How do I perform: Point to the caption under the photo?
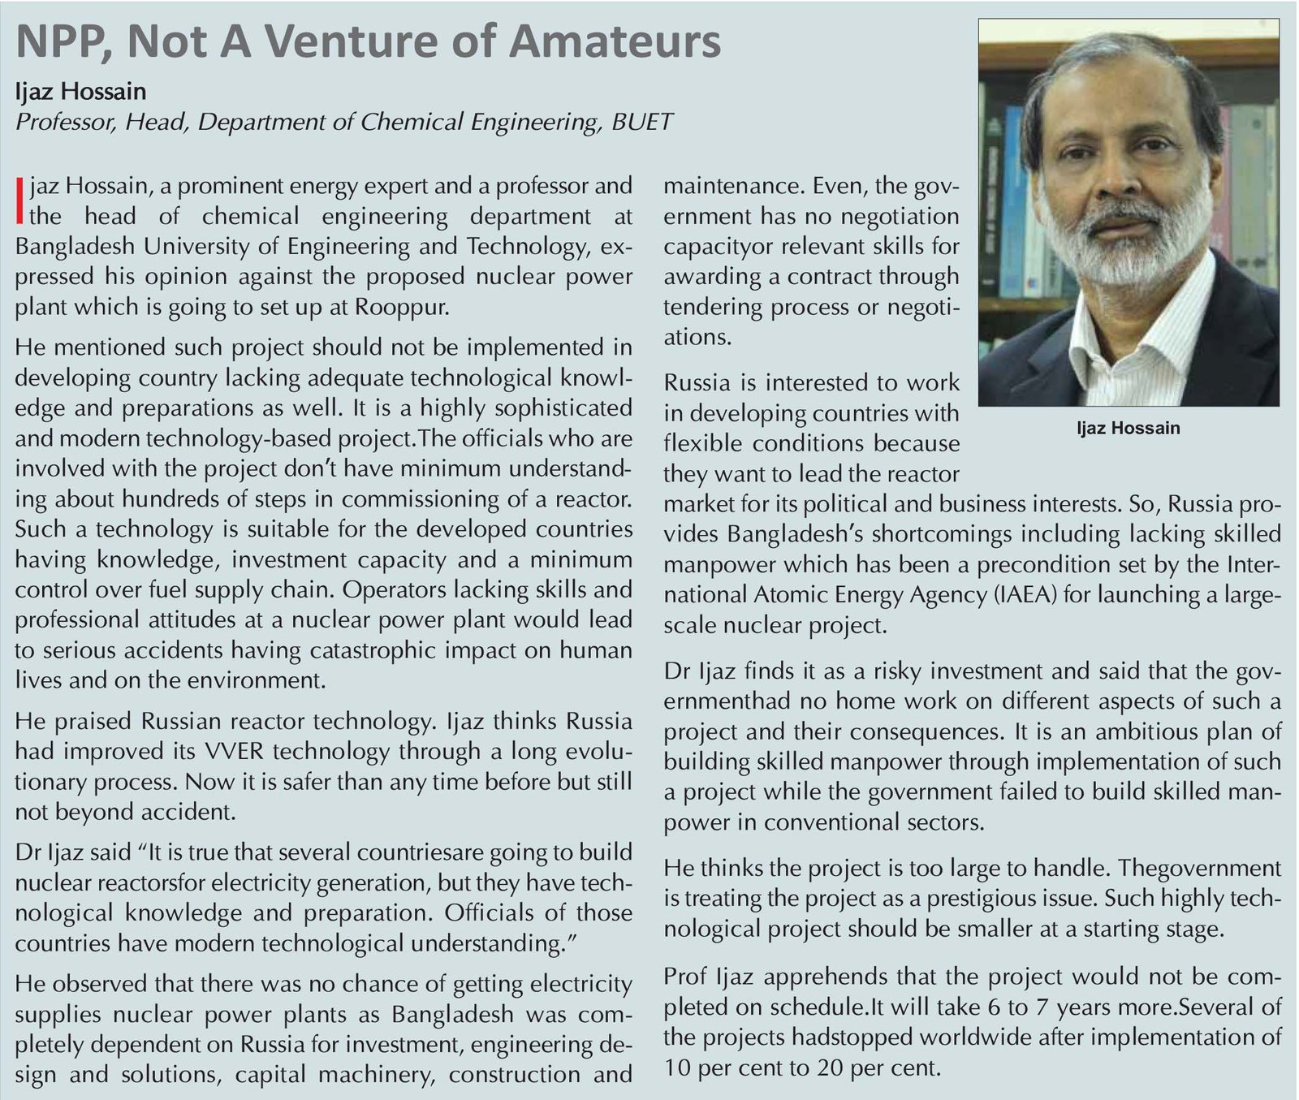[1128, 428]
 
